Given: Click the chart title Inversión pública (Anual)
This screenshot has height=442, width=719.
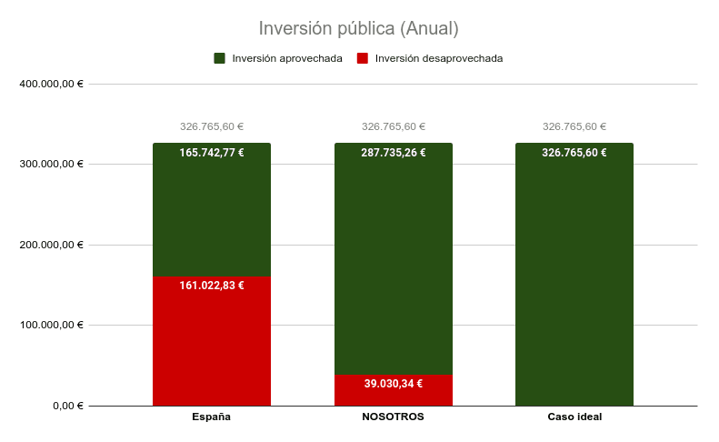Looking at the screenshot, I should [x=359, y=29].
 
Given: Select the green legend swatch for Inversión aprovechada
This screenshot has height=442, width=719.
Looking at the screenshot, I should [x=220, y=58].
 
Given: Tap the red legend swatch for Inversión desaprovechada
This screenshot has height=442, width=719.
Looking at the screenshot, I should [x=363, y=58].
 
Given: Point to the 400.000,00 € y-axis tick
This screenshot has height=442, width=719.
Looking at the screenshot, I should [x=51, y=84].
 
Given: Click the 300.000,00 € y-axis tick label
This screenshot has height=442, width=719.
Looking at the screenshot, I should [x=51, y=165].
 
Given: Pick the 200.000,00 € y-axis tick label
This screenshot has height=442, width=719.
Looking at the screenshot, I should [x=51, y=245].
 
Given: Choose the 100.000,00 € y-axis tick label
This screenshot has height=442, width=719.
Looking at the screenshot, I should [x=51, y=325].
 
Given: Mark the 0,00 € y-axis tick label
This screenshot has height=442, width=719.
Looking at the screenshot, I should [x=67, y=406].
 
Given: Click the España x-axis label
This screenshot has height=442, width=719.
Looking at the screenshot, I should [x=211, y=417].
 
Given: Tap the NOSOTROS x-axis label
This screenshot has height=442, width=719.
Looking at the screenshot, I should [x=393, y=417].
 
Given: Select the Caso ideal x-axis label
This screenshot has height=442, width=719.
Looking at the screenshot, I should [x=574, y=417].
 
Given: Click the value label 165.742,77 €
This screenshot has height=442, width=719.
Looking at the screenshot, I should [x=212, y=153].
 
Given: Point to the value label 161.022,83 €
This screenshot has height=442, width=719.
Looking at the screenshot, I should [x=212, y=286].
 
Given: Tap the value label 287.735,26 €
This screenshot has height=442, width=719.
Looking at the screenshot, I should [x=394, y=153].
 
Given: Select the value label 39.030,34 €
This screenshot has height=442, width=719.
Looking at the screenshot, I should [x=394, y=384].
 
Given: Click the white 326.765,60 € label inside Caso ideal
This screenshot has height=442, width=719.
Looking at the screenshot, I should [x=574, y=153].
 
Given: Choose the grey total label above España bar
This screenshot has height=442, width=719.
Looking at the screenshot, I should [x=212, y=127].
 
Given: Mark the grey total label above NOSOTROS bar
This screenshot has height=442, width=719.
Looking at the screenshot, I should [x=394, y=127].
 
